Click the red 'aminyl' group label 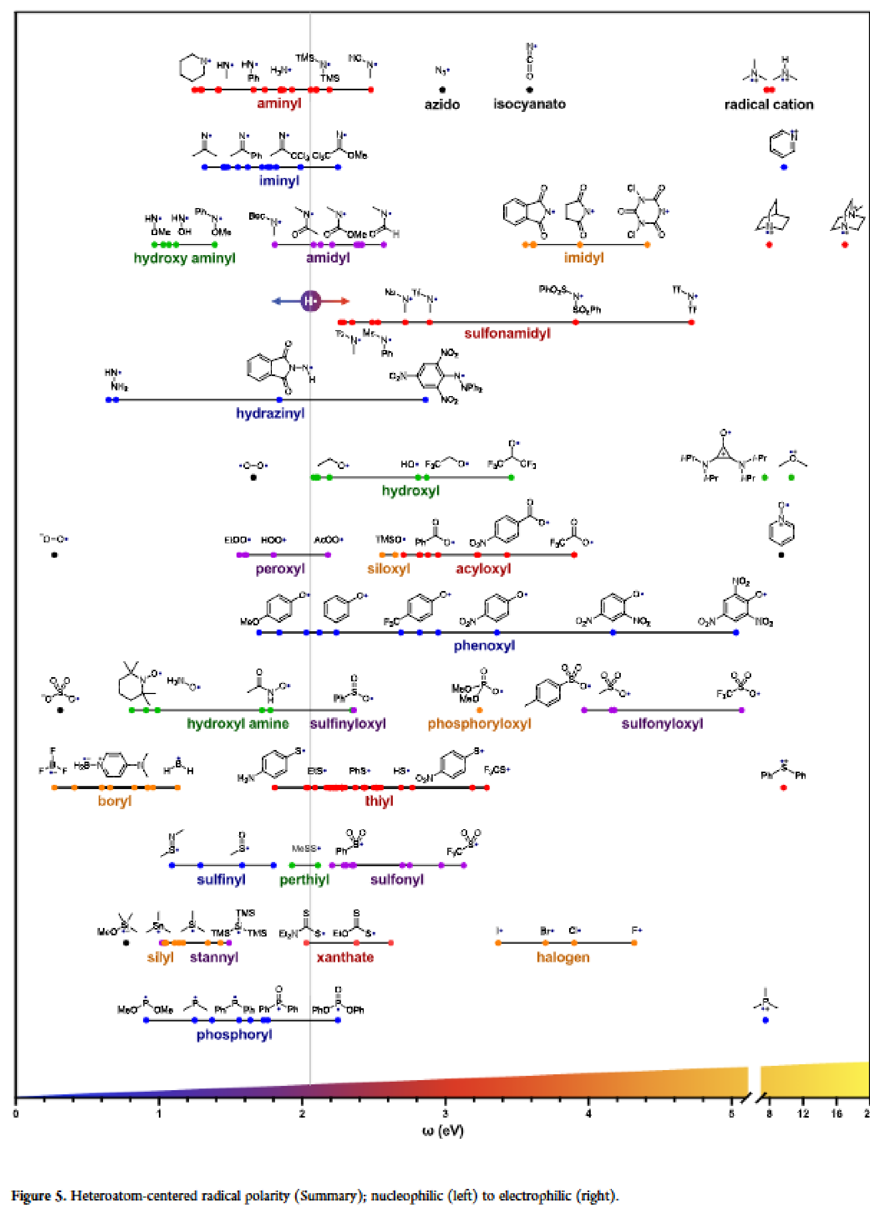(x=279, y=104)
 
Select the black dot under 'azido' (x=442, y=90)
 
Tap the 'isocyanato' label (x=529, y=104)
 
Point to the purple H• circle (x=310, y=301)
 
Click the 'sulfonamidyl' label (x=507, y=334)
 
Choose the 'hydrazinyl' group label (x=270, y=413)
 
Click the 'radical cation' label (x=769, y=105)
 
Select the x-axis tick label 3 (x=445, y=1114)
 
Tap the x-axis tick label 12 (x=802, y=1114)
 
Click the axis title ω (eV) (x=442, y=1131)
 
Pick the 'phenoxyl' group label (x=484, y=645)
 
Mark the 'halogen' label (x=563, y=957)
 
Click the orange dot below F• (x=634, y=943)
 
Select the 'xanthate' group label (x=345, y=957)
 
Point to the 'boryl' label (x=115, y=801)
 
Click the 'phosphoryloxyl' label (x=479, y=724)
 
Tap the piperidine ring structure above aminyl (x=193, y=68)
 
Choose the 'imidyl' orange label (x=583, y=258)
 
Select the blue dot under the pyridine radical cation (x=784, y=168)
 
